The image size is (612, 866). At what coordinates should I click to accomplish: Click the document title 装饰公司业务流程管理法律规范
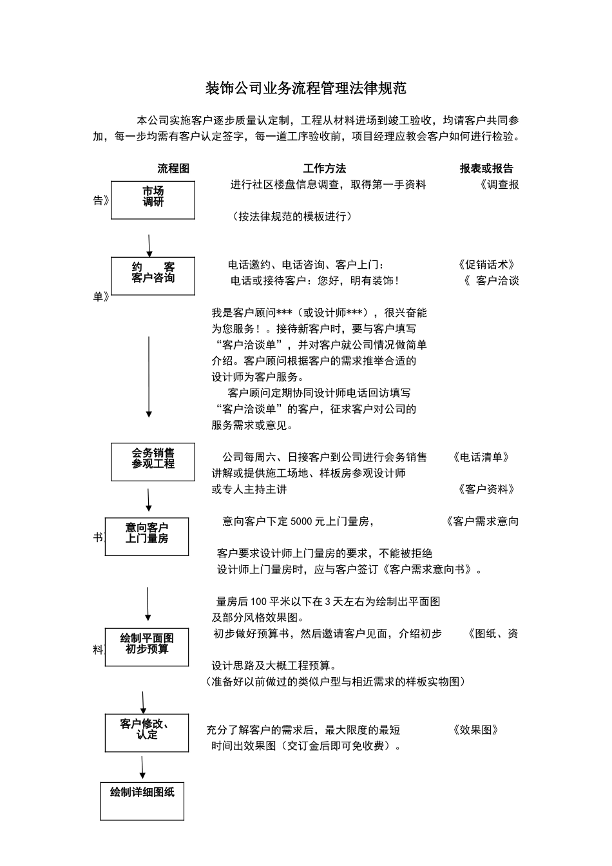tap(305, 88)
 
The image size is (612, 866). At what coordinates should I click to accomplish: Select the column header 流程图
tap(173, 169)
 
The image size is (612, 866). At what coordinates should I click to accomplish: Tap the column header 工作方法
tap(325, 169)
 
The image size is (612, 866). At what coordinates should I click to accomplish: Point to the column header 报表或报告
tap(486, 169)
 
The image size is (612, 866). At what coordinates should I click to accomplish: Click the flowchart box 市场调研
tap(153, 200)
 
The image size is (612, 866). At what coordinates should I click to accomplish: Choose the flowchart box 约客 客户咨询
tap(153, 276)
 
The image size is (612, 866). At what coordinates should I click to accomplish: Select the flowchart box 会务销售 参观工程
tap(153, 461)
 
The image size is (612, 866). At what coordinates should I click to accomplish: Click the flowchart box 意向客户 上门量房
tap(147, 536)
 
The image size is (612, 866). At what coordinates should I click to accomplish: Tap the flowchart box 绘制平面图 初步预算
tap(147, 646)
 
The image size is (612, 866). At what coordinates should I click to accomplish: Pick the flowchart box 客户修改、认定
tap(147, 732)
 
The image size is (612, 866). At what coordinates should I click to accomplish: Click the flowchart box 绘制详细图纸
tap(142, 801)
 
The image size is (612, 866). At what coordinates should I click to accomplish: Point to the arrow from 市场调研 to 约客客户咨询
tap(149, 245)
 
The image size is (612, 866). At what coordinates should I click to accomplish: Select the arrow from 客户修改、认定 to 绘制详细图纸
tap(142, 767)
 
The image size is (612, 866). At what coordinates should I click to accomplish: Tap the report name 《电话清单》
tap(481, 457)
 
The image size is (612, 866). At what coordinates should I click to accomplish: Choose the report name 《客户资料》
tap(486, 490)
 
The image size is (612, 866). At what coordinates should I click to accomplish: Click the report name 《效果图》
tap(476, 730)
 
